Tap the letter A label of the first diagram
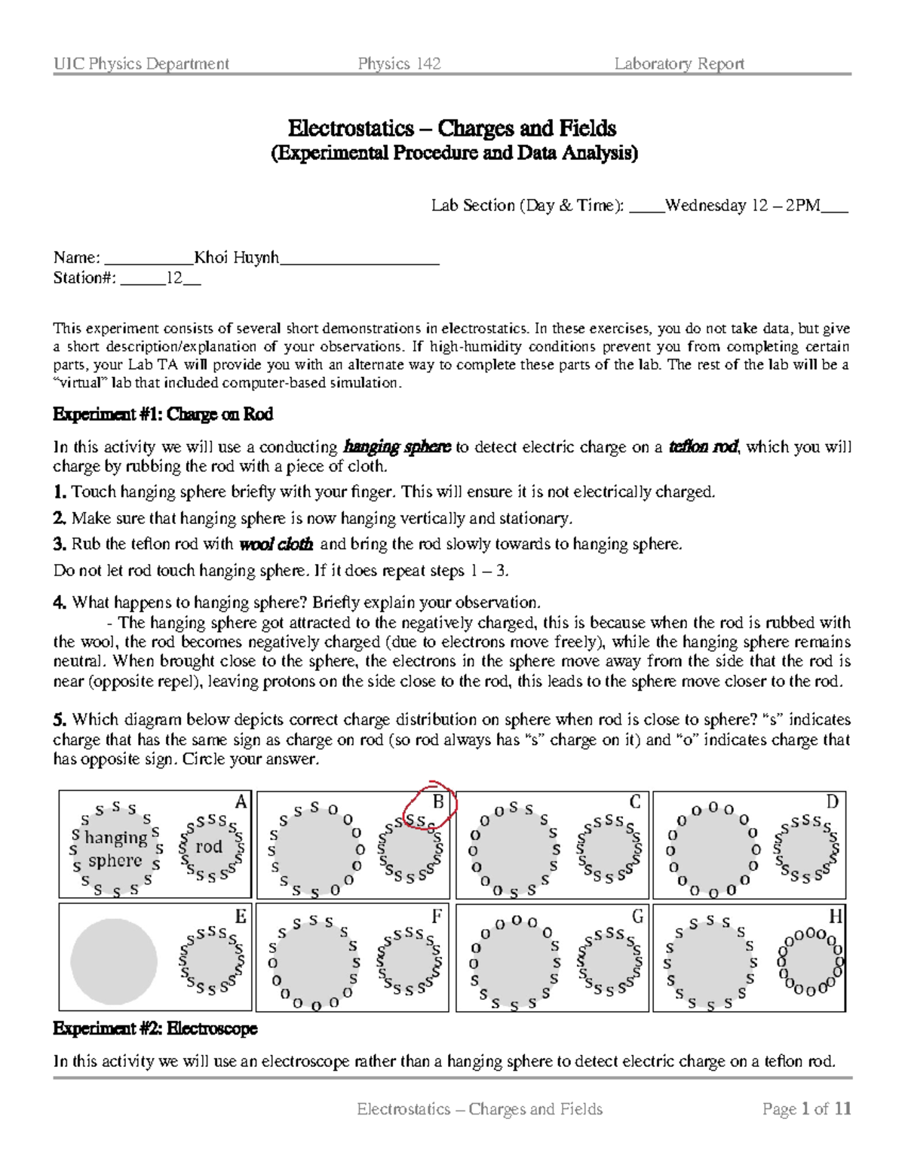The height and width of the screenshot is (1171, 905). (241, 802)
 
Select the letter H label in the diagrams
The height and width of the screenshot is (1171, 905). (835, 917)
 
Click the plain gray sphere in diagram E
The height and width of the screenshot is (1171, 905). (114, 961)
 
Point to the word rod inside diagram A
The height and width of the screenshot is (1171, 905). (209, 847)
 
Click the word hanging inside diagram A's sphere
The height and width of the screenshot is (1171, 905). (115, 837)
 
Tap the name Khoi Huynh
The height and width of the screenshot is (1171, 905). (236, 258)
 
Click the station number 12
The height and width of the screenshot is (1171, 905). (174, 278)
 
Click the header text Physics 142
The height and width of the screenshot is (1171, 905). (399, 64)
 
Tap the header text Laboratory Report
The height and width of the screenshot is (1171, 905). (679, 64)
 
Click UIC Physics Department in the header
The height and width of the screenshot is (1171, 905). (141, 64)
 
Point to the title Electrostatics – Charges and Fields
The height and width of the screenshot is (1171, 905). (452, 128)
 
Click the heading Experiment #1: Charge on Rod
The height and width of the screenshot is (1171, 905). (163, 415)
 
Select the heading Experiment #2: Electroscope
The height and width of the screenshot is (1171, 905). (155, 1028)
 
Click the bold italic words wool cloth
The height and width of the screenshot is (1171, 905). (276, 544)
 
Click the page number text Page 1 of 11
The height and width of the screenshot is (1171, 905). (806, 1108)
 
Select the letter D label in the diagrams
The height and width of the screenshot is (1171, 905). (832, 802)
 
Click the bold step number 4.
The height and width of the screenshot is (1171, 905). (60, 602)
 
